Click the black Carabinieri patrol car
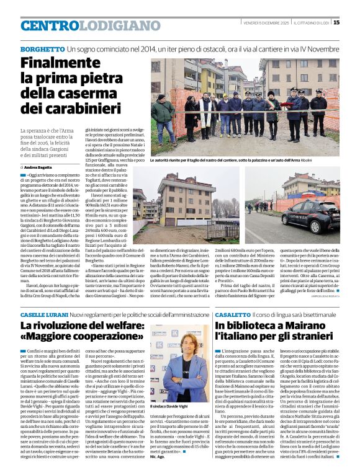coord(310,214)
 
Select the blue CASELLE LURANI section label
coord(44,316)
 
